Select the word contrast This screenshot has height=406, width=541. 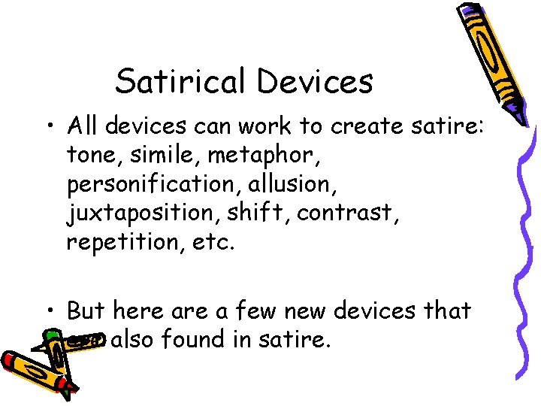pos(346,214)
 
